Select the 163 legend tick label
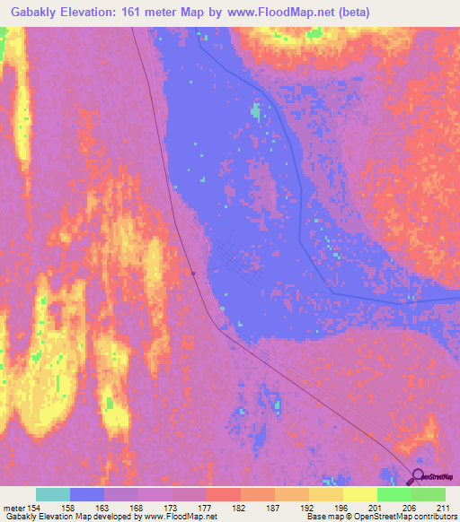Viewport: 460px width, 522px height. click(x=103, y=507)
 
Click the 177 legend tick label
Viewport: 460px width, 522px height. click(x=206, y=507)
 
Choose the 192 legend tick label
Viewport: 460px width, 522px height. click(x=308, y=507)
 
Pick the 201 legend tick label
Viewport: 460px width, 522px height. click(x=376, y=507)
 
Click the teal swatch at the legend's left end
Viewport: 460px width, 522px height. click(x=52, y=494)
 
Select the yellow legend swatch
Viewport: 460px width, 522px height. click(x=359, y=494)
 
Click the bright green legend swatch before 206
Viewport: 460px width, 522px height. click(x=394, y=494)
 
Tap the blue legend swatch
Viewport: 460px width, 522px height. click(x=86, y=494)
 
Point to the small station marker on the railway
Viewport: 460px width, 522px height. click(x=193, y=274)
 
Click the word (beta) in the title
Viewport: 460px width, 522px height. click(x=349, y=13)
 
